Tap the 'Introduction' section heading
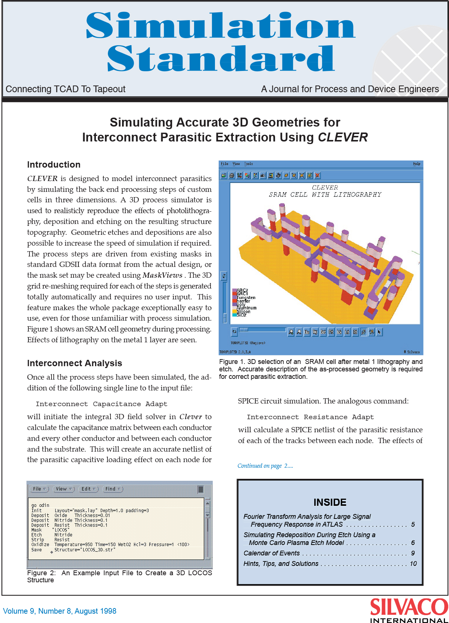pyautogui.click(x=54, y=165)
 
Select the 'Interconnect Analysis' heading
pyautogui.click(x=75, y=363)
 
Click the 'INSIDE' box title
pyautogui.click(x=330, y=502)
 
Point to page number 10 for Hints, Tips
pyautogui.click(x=413, y=564)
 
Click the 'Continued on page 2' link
pyautogui.click(x=265, y=466)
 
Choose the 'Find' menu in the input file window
pyautogui.click(x=113, y=489)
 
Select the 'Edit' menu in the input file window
pyautogui.click(x=89, y=489)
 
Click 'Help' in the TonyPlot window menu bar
pyautogui.click(x=417, y=164)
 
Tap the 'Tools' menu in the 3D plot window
pyautogui.click(x=249, y=164)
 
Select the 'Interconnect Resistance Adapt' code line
pyautogui.click(x=310, y=417)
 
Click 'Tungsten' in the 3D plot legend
pyautogui.click(x=246, y=298)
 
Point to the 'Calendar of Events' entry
pyautogui.click(x=272, y=553)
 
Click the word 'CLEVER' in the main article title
pyautogui.click(x=343, y=137)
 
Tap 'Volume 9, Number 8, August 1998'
pyautogui.click(x=60, y=611)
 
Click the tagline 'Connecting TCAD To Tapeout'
pyautogui.click(x=66, y=89)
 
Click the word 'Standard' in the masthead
pyautogui.click(x=221, y=59)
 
